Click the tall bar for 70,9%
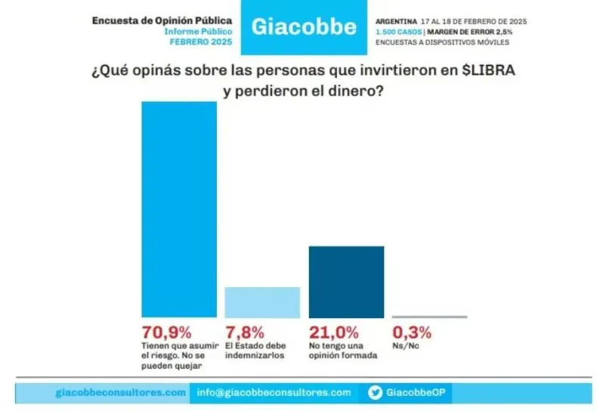click(x=179, y=209)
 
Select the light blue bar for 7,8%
click(x=262, y=302)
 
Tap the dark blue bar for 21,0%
click(x=346, y=282)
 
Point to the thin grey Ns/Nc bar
click(x=429, y=317)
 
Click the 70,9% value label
click(x=166, y=332)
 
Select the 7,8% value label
click(x=245, y=332)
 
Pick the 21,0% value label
click(x=333, y=332)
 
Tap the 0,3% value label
click(x=411, y=332)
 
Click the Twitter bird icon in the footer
click(x=376, y=393)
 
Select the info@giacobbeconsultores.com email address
click(x=274, y=393)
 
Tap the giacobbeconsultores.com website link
click(x=120, y=393)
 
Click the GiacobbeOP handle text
click(x=413, y=393)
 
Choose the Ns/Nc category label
click(x=404, y=346)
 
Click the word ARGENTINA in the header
click(x=395, y=20)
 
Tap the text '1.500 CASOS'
click(x=398, y=32)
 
